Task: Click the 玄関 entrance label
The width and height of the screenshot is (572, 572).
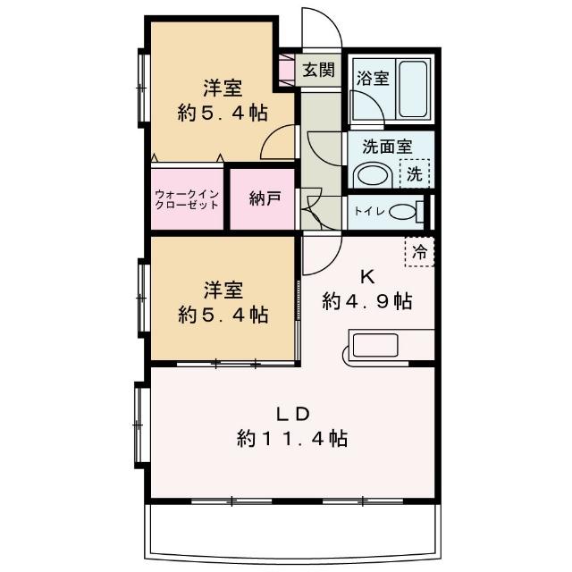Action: [x=318, y=70]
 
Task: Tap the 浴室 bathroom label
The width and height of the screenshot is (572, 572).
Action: [x=372, y=77]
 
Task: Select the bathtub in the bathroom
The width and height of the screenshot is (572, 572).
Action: [x=413, y=88]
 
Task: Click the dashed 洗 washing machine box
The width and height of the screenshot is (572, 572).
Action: [x=414, y=172]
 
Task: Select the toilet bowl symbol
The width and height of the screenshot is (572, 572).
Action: [x=403, y=213]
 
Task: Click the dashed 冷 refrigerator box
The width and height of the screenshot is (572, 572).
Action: [x=419, y=250]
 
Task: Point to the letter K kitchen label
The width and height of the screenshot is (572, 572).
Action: [x=366, y=274]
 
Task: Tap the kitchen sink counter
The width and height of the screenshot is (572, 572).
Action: [x=389, y=347]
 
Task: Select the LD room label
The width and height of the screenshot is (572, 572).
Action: [x=291, y=414]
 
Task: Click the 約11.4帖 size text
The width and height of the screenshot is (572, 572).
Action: [x=291, y=439]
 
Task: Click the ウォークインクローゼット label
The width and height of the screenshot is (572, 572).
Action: [x=187, y=198]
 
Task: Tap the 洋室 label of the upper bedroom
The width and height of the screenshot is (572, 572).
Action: [x=223, y=88]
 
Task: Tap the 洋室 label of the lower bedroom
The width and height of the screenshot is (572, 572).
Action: [x=223, y=290]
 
